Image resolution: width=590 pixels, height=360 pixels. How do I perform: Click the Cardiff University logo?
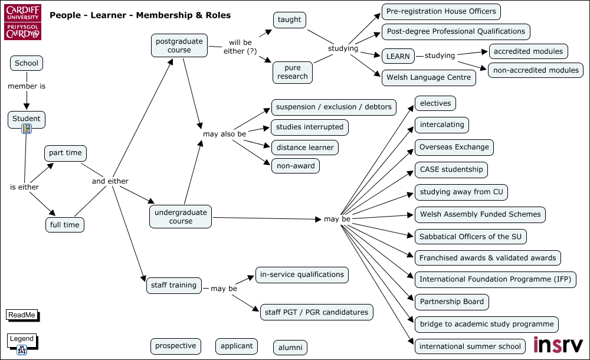tap(22, 22)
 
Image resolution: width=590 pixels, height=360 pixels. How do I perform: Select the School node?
tap(27, 63)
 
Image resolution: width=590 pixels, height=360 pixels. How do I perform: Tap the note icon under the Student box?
tap(27, 129)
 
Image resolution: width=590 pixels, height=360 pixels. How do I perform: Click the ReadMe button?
tap(22, 315)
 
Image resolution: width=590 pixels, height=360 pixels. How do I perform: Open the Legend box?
tap(22, 341)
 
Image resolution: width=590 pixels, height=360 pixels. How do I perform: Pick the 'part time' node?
tap(65, 153)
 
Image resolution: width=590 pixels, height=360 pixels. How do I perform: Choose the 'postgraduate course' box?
tap(179, 45)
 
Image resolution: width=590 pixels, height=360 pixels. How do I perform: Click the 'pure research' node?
tap(293, 73)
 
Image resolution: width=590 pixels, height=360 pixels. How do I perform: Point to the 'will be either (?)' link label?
tap(240, 47)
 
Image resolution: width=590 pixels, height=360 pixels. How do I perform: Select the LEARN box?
tap(398, 57)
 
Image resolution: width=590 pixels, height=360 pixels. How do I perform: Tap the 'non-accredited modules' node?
tap(536, 70)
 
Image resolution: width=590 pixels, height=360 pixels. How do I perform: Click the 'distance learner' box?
tap(305, 148)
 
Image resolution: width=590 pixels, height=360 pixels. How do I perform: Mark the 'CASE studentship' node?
tap(451, 169)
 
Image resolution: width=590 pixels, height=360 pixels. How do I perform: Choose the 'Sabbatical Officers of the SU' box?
tap(470, 237)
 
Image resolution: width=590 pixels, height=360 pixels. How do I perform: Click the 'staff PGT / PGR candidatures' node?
tap(316, 312)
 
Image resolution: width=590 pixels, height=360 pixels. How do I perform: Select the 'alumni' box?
tap(290, 348)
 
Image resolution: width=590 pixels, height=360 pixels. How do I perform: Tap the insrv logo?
tap(558, 345)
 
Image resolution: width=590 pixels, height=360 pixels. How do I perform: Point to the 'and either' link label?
tap(110, 181)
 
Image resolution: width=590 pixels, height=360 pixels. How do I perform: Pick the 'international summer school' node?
tap(470, 346)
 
